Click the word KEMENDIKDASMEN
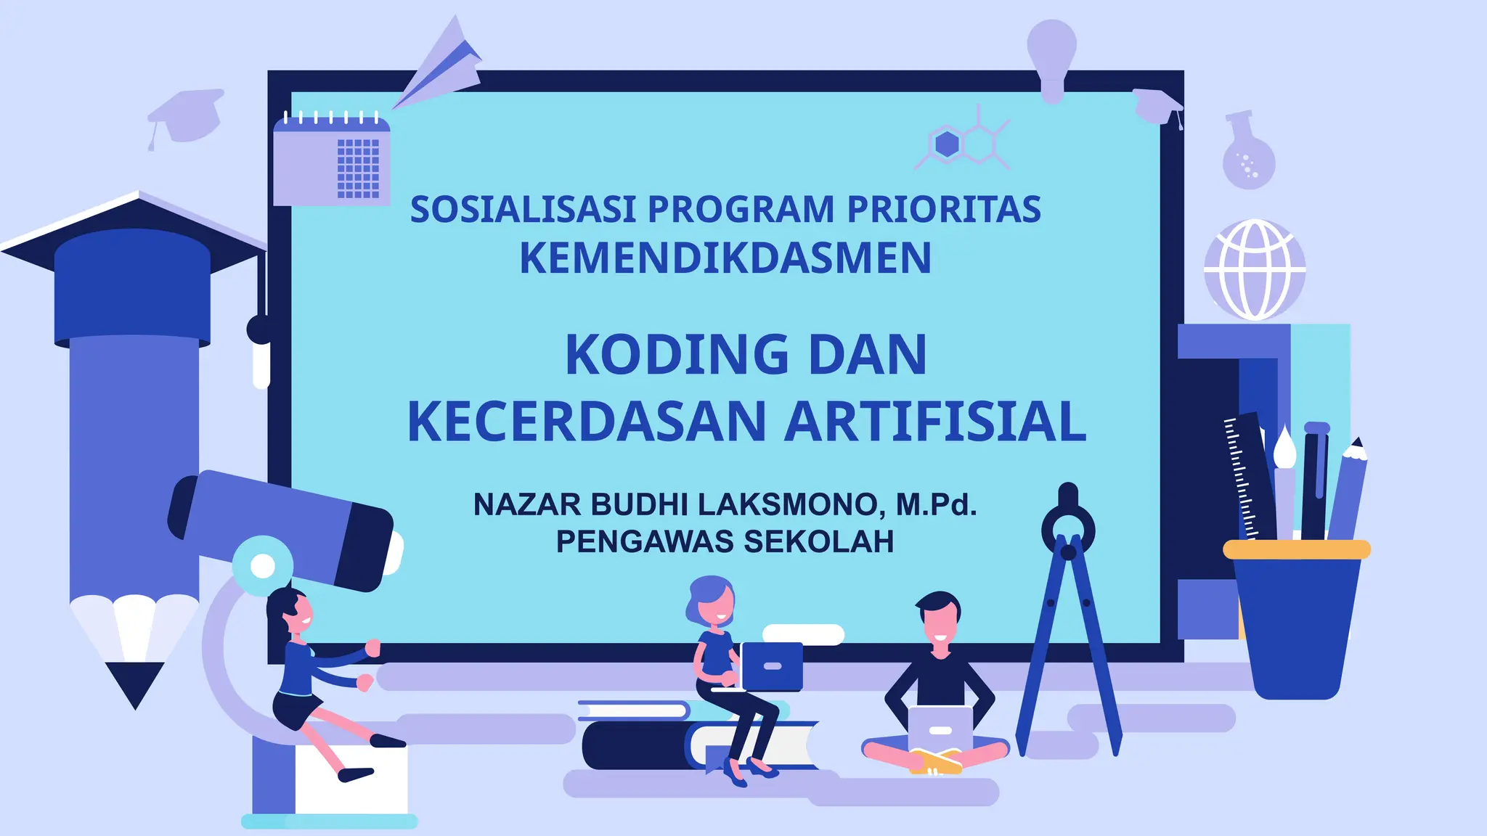click(725, 258)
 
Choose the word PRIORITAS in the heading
click(944, 210)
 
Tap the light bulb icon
click(1051, 54)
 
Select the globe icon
click(1255, 269)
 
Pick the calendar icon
click(332, 160)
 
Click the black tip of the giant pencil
click(135, 682)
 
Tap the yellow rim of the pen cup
click(1296, 549)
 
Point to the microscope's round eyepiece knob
click(263, 565)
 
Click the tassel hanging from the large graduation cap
click(261, 363)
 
